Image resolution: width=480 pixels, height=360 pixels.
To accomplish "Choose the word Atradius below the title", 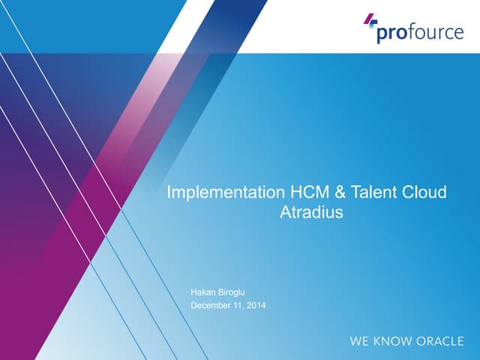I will coord(310,212).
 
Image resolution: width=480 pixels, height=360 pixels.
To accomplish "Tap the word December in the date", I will coord(212,305).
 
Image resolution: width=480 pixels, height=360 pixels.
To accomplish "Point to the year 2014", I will coord(255,305).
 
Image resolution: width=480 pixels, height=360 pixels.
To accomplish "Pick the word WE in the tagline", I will coord(359,341).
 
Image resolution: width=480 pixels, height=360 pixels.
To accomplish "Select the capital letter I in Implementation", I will coord(169,193).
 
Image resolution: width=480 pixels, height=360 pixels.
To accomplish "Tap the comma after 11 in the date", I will coord(244,308).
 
